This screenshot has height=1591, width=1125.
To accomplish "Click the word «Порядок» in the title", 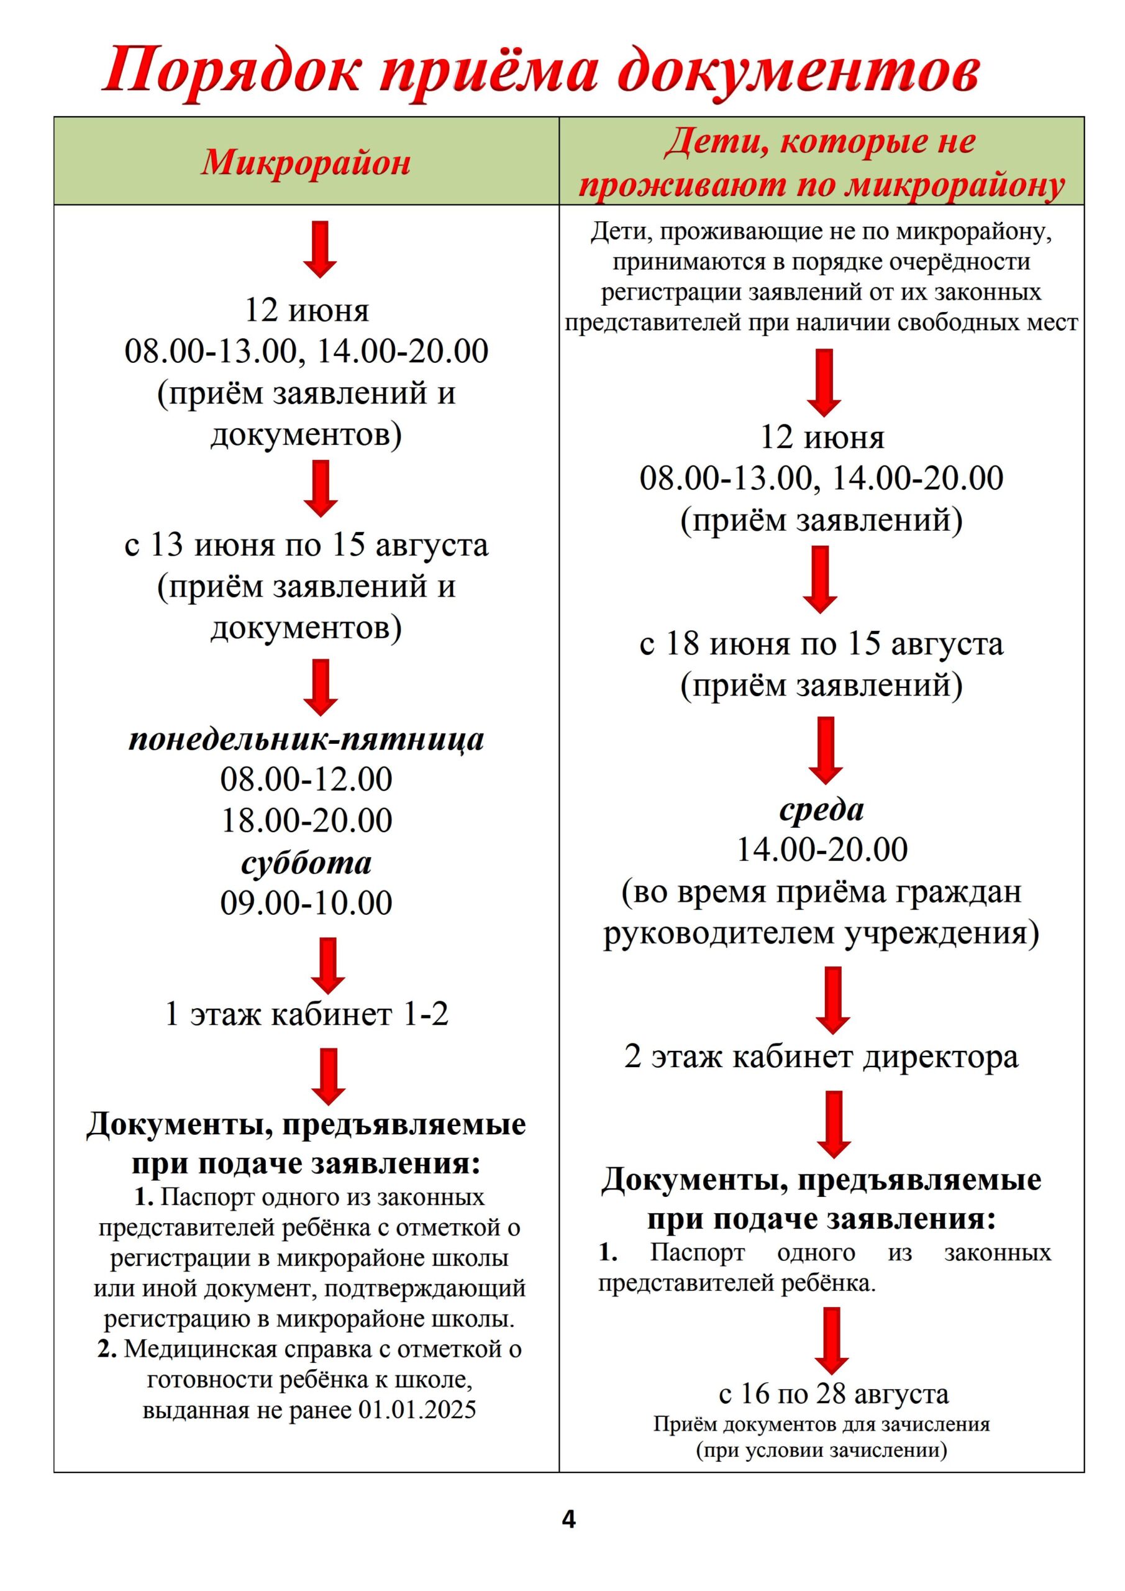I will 232,71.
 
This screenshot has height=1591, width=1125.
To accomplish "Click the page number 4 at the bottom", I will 568,1519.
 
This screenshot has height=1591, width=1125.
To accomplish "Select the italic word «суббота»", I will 306,863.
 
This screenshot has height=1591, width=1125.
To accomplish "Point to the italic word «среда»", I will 822,810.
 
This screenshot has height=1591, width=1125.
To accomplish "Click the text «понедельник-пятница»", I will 306,740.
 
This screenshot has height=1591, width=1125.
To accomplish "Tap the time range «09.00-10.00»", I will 306,903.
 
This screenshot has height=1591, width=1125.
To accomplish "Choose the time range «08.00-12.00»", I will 306,779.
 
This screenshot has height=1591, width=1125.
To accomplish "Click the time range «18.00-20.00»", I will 306,820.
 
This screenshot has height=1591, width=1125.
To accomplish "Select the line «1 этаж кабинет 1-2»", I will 306,1014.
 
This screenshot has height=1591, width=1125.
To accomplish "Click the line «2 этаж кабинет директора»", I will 822,1057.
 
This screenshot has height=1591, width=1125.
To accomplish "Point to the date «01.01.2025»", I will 417,1410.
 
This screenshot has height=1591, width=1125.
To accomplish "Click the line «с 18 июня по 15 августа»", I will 822,644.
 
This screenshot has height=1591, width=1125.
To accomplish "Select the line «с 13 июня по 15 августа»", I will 306,545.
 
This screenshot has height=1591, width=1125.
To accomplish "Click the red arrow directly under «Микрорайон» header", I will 320,249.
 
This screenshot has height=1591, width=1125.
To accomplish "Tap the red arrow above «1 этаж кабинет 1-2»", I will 327,965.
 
